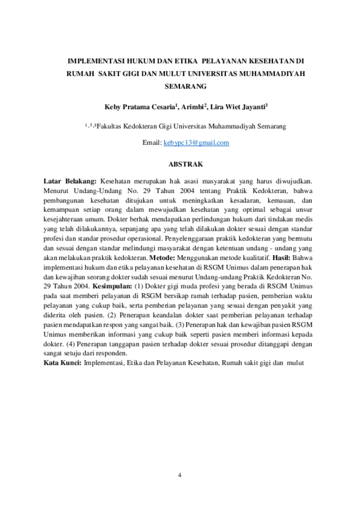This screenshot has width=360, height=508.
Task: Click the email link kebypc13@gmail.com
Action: coord(196,143)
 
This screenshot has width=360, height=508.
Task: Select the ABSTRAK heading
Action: coord(186,164)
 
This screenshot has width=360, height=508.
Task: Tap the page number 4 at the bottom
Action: coord(179,475)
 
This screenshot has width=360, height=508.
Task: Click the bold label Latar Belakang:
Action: coord(70,181)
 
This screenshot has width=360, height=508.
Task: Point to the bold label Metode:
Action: coord(162,258)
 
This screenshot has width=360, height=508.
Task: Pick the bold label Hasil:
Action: coord(281,258)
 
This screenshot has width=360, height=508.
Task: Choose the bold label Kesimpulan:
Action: coord(112,287)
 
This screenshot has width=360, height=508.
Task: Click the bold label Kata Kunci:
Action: coord(62,363)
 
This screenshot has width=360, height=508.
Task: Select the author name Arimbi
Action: coord(192,107)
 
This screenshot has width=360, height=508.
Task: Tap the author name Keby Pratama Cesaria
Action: coord(140,107)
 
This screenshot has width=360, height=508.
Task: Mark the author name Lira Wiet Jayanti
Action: coord(238,107)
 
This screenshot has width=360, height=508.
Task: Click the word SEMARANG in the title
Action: coord(186,86)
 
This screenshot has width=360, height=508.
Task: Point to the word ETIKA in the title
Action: coord(186,61)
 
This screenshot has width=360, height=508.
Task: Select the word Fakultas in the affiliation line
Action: coord(109,126)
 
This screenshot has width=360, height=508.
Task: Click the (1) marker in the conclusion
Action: coord(138,287)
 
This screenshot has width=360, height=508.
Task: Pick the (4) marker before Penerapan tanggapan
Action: coord(70,344)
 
